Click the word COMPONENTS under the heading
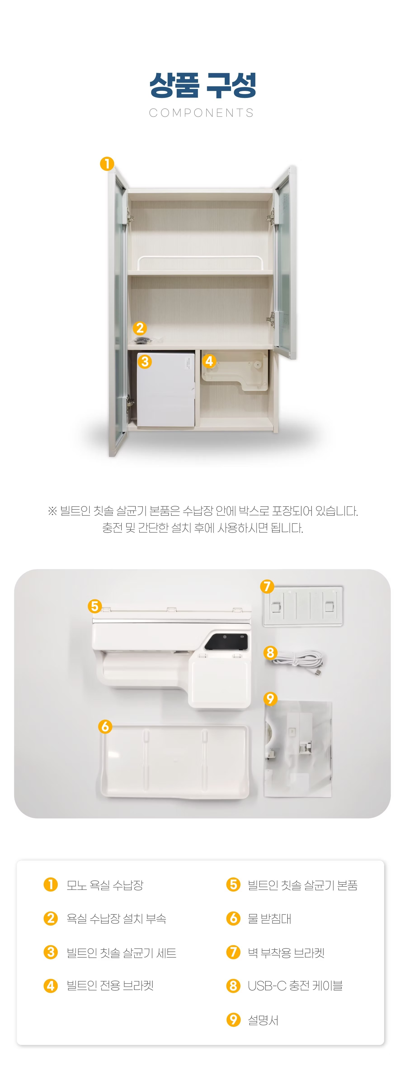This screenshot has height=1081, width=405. (x=202, y=113)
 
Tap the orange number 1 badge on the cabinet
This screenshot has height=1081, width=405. (x=107, y=164)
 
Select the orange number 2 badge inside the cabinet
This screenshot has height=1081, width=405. (x=140, y=328)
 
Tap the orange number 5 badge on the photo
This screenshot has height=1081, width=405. (x=94, y=606)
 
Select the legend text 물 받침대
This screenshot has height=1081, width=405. (x=269, y=919)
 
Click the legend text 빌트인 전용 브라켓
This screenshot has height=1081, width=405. (x=110, y=985)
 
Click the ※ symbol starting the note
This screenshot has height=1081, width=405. (x=52, y=511)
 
